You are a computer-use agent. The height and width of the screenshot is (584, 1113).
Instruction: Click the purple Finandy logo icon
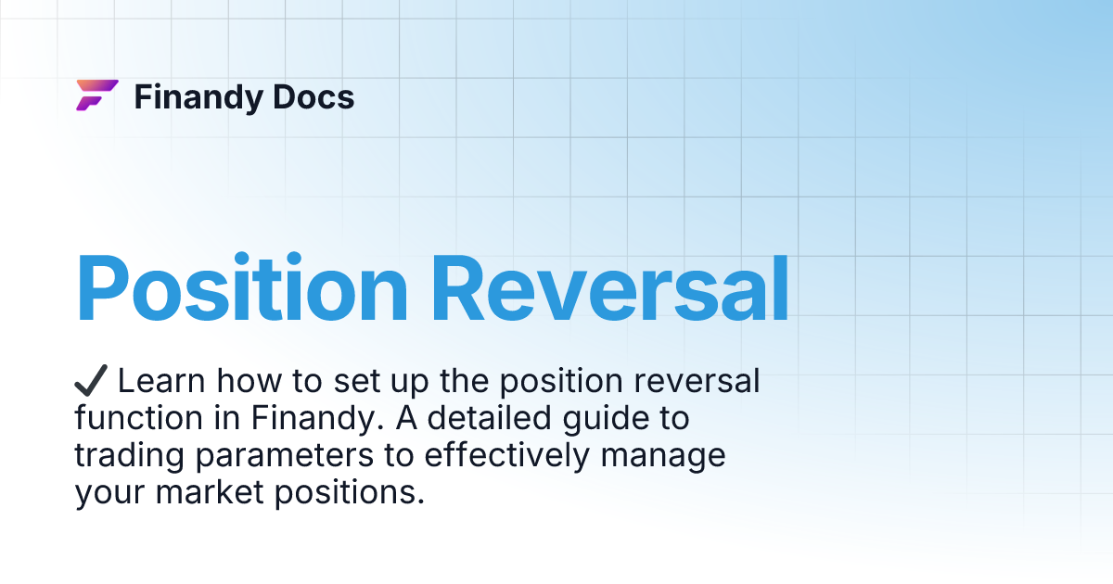pyautogui.click(x=96, y=95)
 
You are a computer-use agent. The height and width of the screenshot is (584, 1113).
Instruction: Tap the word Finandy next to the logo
pyautogui.click(x=195, y=97)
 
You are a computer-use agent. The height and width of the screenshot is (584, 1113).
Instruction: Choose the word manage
pyautogui.click(x=667, y=458)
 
